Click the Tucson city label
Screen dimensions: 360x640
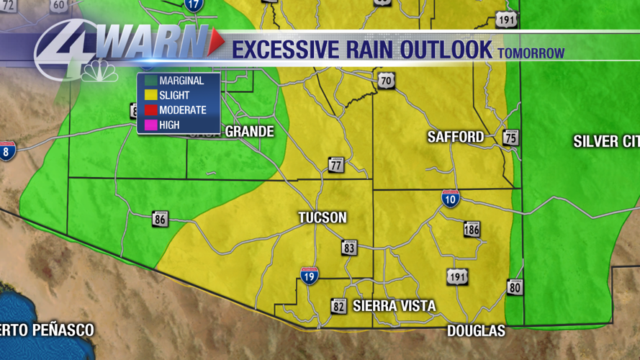click(x=323, y=217)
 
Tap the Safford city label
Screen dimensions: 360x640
click(x=455, y=136)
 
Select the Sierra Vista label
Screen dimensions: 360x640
click(x=394, y=306)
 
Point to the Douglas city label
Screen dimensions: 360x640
click(x=476, y=330)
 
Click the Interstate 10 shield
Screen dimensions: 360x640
click(x=451, y=198)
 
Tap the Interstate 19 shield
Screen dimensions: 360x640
click(x=310, y=275)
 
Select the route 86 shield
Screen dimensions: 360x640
click(x=160, y=218)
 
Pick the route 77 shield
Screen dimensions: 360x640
click(x=335, y=165)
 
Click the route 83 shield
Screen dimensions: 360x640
click(x=349, y=247)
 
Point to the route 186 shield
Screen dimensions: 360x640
click(x=472, y=229)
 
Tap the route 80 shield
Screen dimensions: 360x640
click(x=515, y=287)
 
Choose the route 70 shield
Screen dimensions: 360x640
click(x=387, y=81)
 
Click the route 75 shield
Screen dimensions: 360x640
click(x=511, y=138)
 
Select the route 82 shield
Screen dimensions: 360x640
click(x=338, y=306)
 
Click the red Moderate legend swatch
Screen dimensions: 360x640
click(x=150, y=110)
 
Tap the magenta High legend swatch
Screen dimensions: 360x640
click(x=150, y=125)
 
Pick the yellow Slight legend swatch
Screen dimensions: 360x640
click(x=150, y=96)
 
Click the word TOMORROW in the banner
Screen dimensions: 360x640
click(x=531, y=53)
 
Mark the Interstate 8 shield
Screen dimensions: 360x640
click(x=7, y=150)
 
